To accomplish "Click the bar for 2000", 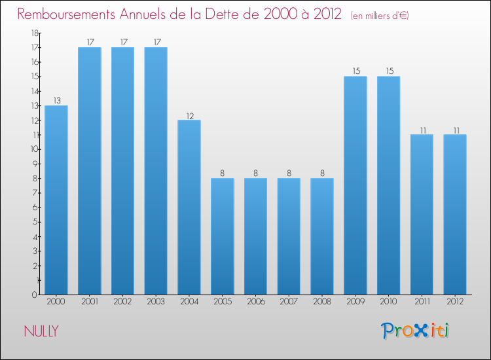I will coord(56,200).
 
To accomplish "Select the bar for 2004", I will coord(189,207).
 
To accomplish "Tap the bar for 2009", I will coord(355,185).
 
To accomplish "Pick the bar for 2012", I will coord(454,214).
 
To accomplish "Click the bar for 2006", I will coord(255,236).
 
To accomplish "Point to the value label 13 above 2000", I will coord(56,101).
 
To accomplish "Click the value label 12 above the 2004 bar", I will coord(189,115).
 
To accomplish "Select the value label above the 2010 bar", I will coord(388,71).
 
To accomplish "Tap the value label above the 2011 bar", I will coord(422,130).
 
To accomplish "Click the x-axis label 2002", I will coord(122,302).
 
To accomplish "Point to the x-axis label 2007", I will coord(289,302).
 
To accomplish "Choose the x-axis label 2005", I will coord(222,302).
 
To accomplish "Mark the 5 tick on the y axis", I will coord(34,222).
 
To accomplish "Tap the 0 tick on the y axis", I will coord(34,295).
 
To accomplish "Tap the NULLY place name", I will coord(41,331).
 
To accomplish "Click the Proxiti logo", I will coord(415,331).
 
